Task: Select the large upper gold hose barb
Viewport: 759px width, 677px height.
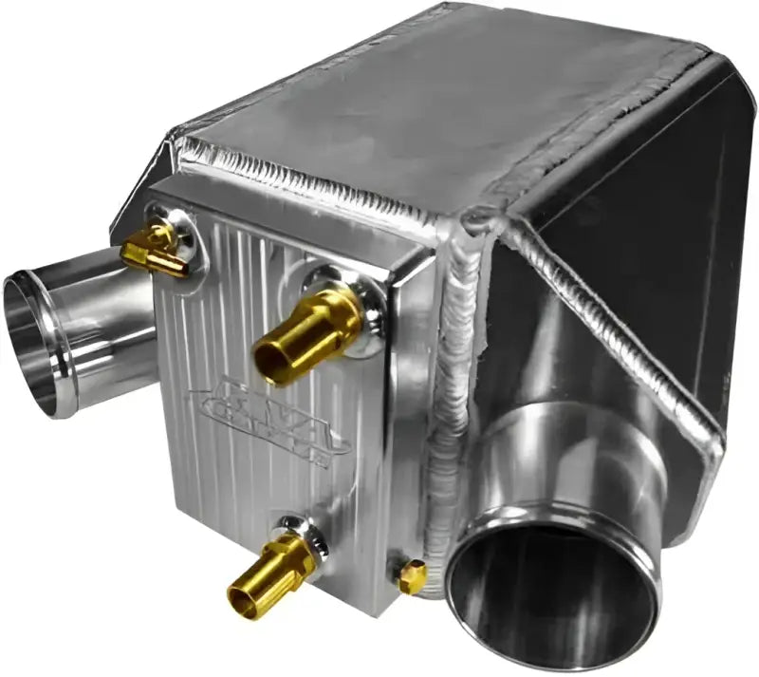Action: (x=308, y=332)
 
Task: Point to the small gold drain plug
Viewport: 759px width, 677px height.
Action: (x=412, y=576)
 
